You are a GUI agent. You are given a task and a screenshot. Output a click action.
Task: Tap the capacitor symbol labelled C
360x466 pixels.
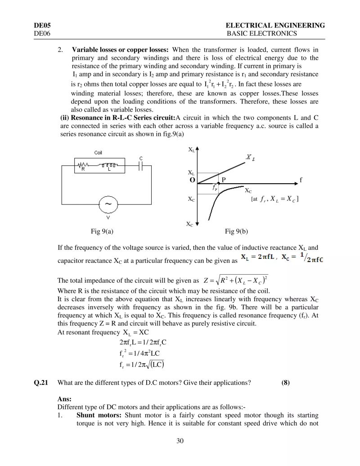(x=141, y=166)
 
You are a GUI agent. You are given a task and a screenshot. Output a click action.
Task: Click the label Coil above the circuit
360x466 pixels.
(x=98, y=153)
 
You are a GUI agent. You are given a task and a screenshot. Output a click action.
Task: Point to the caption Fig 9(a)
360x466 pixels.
(x=102, y=231)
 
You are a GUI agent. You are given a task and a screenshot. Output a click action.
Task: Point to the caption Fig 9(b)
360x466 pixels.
(x=236, y=231)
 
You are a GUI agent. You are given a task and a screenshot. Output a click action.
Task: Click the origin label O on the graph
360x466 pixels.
(x=192, y=180)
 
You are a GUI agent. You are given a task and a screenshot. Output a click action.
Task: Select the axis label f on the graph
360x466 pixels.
(x=301, y=180)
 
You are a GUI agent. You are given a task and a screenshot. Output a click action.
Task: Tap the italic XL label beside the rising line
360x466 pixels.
(x=248, y=157)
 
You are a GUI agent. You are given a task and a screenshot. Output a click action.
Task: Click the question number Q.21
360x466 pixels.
(x=40, y=383)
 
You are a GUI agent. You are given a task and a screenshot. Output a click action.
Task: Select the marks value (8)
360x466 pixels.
(x=285, y=383)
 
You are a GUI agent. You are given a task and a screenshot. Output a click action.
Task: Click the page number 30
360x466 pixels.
(x=180, y=440)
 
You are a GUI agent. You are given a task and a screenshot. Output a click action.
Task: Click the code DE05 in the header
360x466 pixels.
(x=41, y=25)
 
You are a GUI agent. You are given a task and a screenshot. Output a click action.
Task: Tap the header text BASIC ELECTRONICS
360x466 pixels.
(x=261, y=33)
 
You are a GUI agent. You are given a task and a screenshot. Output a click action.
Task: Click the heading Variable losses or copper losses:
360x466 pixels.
(x=120, y=49)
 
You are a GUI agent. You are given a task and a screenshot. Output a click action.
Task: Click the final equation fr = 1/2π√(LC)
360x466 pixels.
(x=142, y=364)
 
